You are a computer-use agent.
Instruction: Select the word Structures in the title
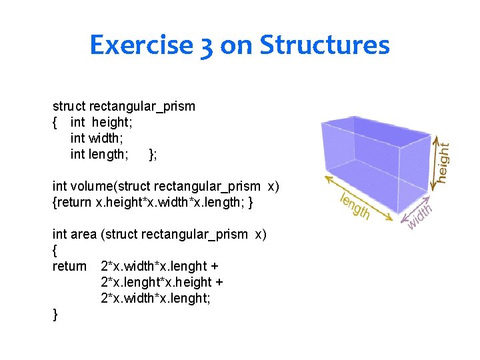324,45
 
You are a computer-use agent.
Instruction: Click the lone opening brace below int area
55,250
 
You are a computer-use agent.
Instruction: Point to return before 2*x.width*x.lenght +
69,266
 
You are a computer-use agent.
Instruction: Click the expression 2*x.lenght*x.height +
161,282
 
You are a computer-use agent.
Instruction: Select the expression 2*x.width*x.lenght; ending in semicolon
155,298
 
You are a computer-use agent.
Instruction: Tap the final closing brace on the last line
55,314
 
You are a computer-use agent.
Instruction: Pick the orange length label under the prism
355,206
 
